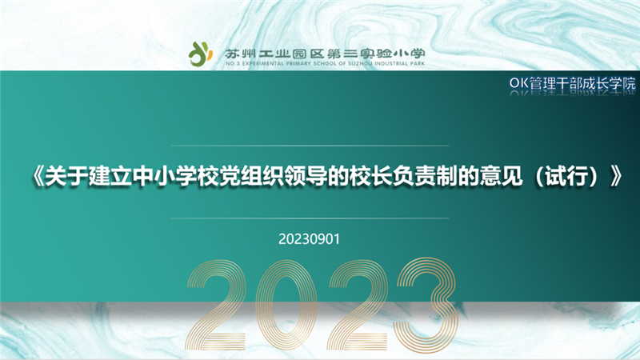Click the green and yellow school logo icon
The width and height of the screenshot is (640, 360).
201,54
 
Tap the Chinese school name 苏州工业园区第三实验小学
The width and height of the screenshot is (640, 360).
325,54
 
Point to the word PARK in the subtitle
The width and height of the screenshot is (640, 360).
418,64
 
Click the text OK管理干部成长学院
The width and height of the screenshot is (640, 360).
572,83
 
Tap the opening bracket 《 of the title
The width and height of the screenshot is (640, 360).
38,176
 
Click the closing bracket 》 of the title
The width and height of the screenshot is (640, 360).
616,176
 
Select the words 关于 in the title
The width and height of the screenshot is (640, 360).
66,176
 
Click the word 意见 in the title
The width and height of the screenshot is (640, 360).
501,176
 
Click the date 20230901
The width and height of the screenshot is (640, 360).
309,239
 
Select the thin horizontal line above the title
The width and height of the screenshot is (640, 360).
310,146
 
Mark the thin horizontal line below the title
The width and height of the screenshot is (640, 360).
310,218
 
